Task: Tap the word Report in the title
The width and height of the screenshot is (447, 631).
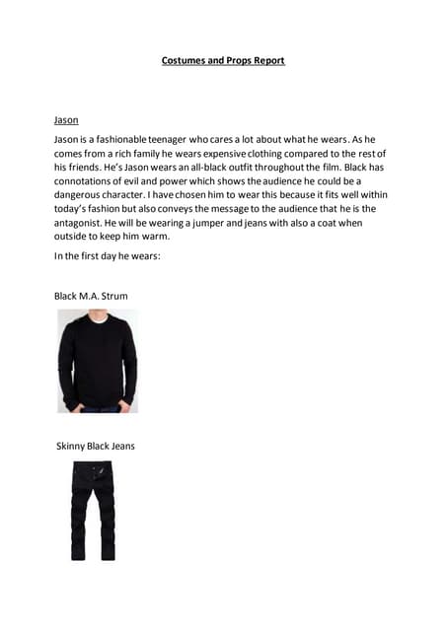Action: click(x=266, y=60)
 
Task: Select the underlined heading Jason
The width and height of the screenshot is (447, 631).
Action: click(x=66, y=120)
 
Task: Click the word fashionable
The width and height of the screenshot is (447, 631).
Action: click(x=119, y=141)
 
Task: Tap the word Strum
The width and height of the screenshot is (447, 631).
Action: click(x=113, y=296)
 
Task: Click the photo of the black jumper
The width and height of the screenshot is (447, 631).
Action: click(x=97, y=361)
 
